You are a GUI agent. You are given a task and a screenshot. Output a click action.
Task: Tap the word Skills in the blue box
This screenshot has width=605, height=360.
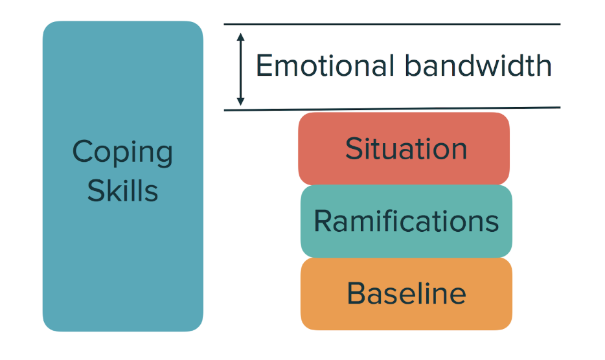pos(122,190)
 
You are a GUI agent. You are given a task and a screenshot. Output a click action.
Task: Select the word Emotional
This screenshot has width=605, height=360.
pos(325,66)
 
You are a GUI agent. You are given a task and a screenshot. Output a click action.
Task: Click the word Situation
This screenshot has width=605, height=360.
pos(406,149)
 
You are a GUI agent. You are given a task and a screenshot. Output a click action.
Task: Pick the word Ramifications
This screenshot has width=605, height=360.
pos(406,221)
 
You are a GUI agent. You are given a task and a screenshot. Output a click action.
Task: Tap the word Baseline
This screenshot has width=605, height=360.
pos(406,293)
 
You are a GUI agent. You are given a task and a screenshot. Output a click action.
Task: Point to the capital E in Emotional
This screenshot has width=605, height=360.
pos(264,66)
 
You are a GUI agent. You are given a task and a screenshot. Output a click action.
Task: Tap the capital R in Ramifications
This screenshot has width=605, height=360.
pos(323,221)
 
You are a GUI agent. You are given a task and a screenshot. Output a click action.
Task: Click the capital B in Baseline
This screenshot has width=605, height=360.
pos(356,293)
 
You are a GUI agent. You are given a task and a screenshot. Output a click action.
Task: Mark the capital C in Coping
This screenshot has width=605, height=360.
pos(82,152)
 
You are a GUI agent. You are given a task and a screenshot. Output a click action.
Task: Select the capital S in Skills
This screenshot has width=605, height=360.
pos(96,190)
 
